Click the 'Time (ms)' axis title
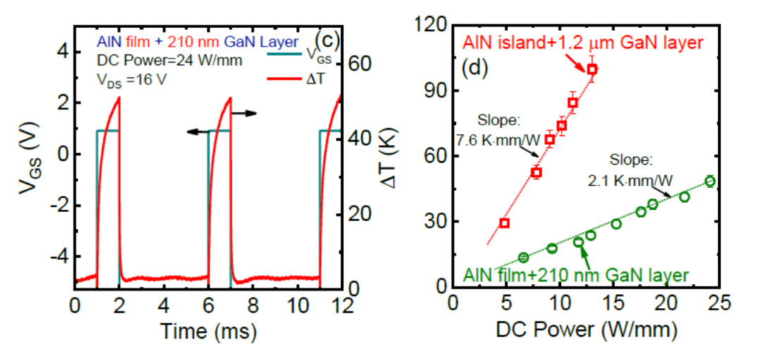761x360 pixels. [x=208, y=330]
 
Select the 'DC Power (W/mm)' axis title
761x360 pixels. [x=586, y=328]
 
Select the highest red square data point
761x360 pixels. [x=593, y=69]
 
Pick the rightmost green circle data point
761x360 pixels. [x=710, y=181]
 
